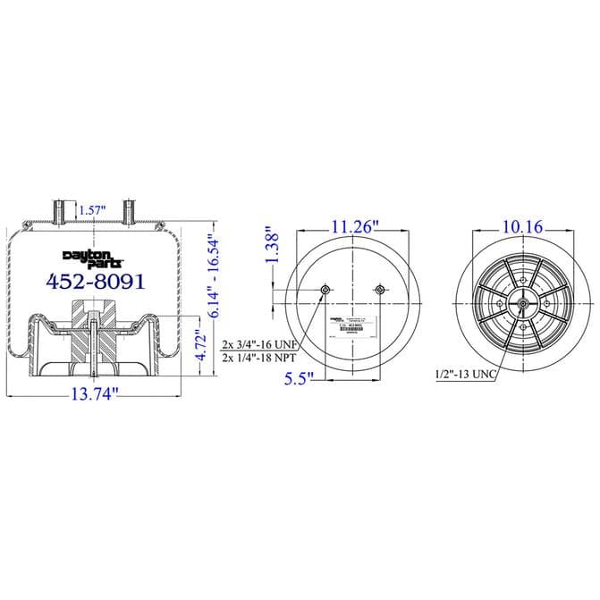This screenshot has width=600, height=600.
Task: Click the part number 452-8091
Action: tap(94, 281)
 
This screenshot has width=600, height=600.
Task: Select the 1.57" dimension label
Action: tap(92, 210)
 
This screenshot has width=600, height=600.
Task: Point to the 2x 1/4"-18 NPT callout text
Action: tap(259, 357)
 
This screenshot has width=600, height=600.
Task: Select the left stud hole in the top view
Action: tap(325, 290)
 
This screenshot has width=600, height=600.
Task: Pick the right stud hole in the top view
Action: tap(381, 290)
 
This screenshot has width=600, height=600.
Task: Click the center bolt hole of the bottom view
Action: tap(521, 305)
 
